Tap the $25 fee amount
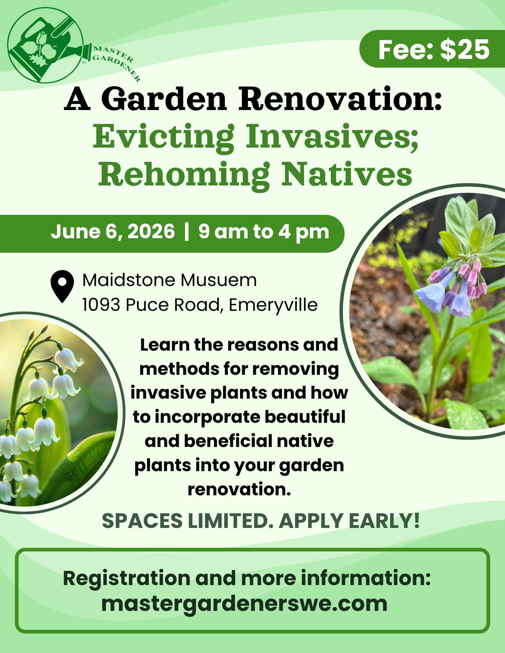pos(465,50)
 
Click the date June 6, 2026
pos(113,232)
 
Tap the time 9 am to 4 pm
pos(264,232)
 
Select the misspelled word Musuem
pos(219,280)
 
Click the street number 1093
pos(102,305)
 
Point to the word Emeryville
pos(273,305)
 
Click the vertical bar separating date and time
pos(187,232)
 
